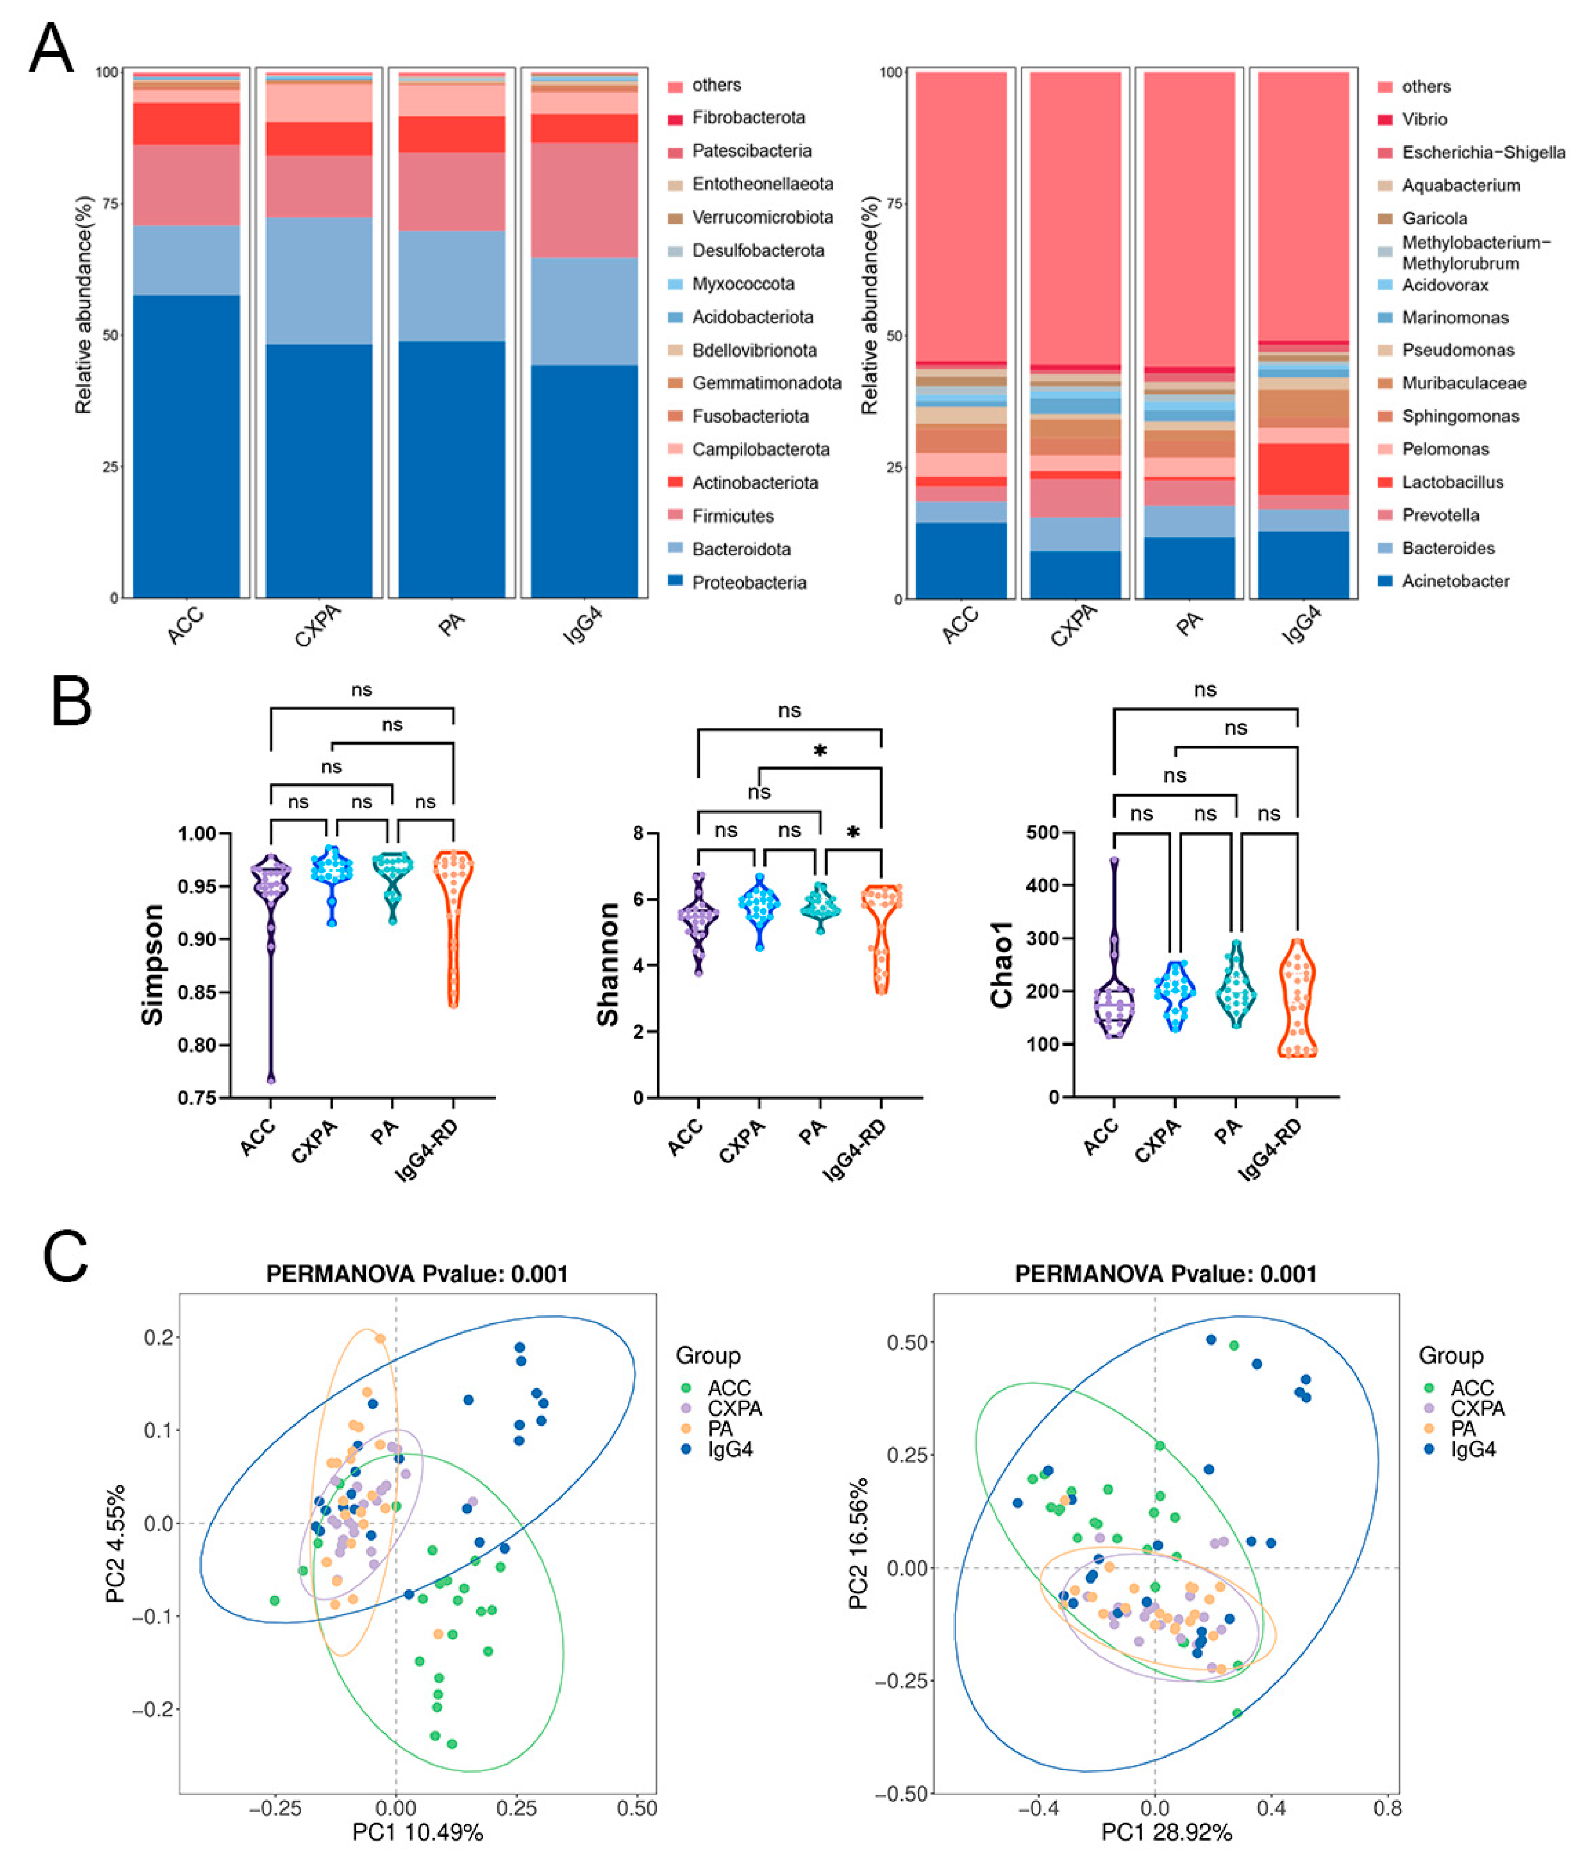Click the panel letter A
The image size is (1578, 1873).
point(50,51)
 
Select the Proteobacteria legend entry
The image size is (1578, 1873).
point(749,582)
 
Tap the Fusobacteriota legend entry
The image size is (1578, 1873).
point(750,416)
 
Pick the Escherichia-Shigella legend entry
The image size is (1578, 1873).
point(1483,152)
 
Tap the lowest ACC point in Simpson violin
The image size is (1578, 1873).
point(270,1080)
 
